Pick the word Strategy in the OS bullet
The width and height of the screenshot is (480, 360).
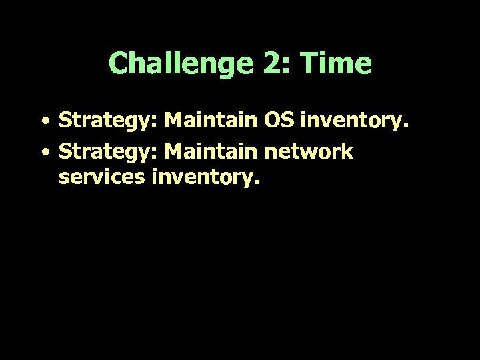(x=107, y=122)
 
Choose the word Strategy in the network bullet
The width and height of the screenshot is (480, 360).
(x=107, y=153)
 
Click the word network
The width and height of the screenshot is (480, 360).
(x=308, y=151)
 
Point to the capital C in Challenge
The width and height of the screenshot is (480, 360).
(x=117, y=64)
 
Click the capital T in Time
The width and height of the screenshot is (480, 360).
(x=309, y=64)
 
